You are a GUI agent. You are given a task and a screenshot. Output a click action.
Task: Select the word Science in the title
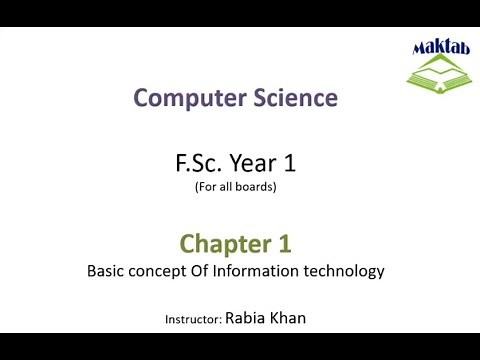pos(289,98)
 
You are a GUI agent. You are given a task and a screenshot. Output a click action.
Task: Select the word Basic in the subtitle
pos(106,270)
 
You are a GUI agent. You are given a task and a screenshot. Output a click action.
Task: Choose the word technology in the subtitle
pos(346,271)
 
